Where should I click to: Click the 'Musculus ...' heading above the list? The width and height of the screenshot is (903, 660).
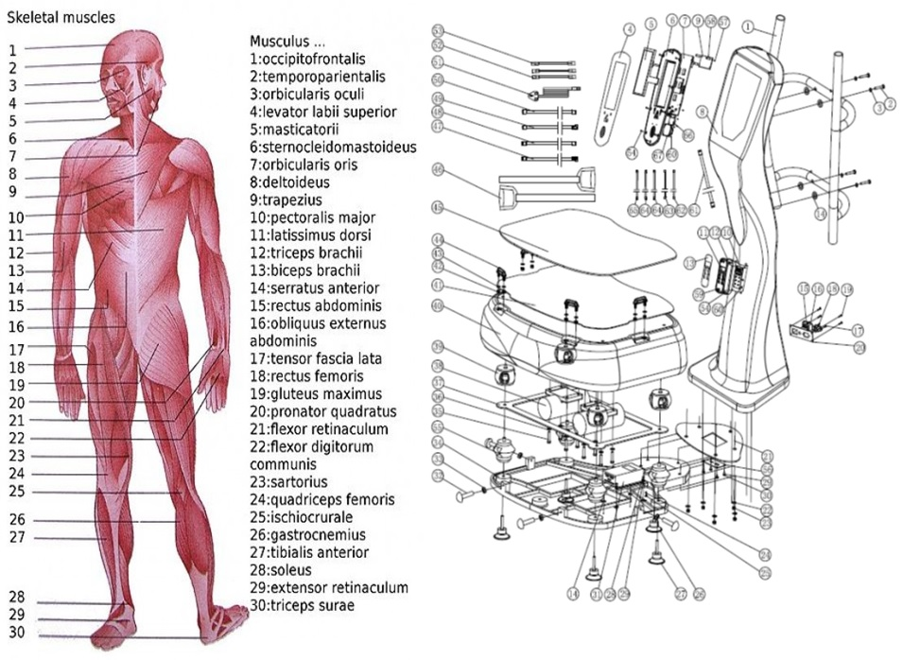pyautogui.click(x=287, y=42)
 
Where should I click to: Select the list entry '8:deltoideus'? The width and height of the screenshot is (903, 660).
pyautogui.click(x=293, y=182)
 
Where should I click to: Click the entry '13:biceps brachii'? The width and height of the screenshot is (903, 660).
pyautogui.click(x=307, y=269)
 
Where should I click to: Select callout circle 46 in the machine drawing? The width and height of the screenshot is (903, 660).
pyautogui.click(x=438, y=170)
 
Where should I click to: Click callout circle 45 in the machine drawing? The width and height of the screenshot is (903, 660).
pyautogui.click(x=437, y=206)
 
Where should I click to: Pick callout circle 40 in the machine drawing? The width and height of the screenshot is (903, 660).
pyautogui.click(x=437, y=304)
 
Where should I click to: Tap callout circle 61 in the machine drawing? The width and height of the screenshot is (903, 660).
pyautogui.click(x=695, y=209)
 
